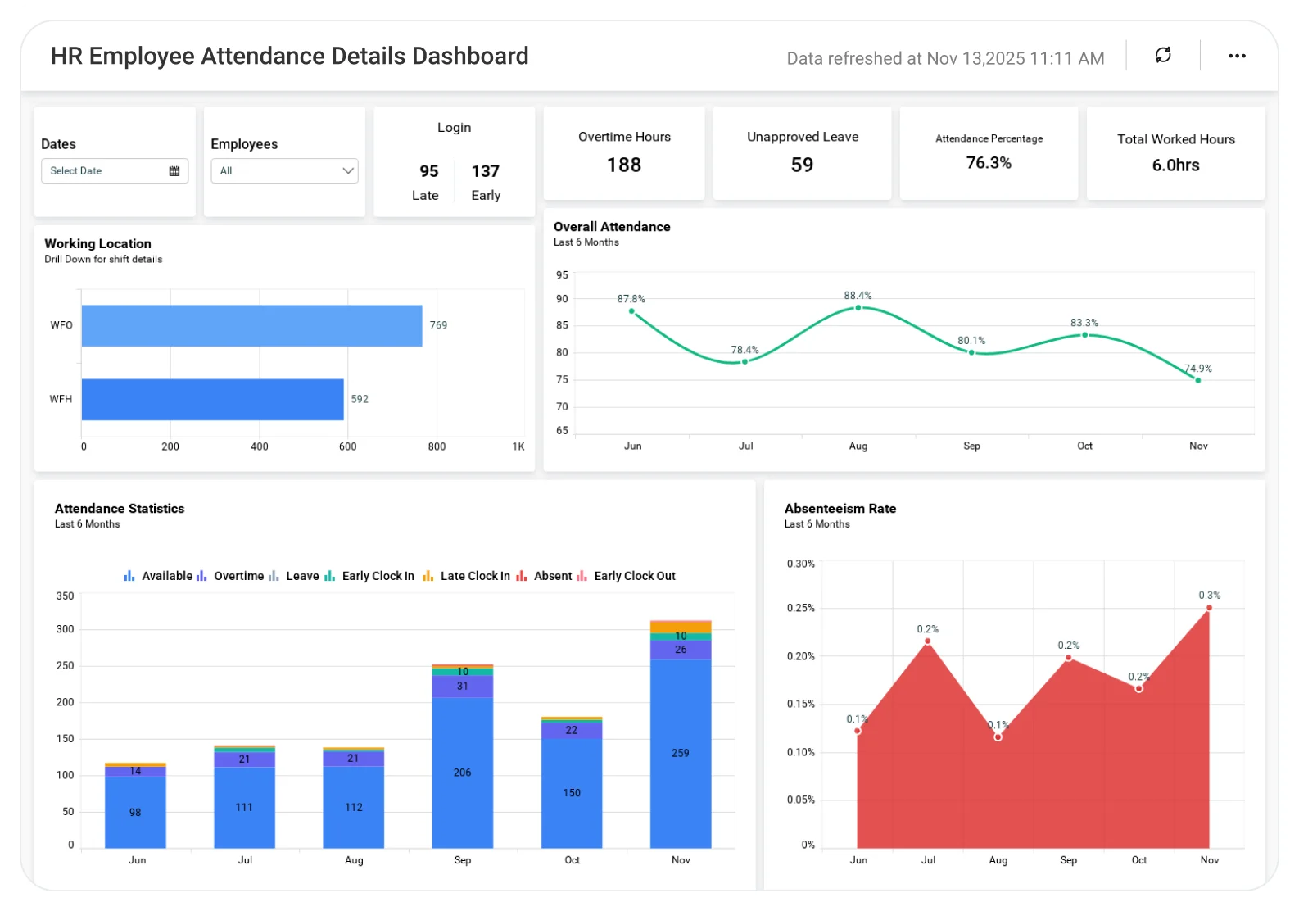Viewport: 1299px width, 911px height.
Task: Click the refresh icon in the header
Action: tap(1163, 55)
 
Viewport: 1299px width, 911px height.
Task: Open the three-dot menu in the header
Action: tap(1237, 56)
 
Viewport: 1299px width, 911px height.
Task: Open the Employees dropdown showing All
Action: tap(284, 170)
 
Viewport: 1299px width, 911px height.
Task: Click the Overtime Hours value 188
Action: tap(624, 165)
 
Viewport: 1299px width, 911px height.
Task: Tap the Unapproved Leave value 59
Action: tap(802, 165)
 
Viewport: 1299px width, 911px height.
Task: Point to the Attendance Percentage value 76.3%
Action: tap(989, 163)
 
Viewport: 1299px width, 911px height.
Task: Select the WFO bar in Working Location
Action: tap(251, 325)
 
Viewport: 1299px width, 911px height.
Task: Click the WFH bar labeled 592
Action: tap(212, 399)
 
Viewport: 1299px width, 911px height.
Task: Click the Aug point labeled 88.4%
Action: tap(858, 308)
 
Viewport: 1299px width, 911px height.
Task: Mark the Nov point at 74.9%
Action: tap(1197, 380)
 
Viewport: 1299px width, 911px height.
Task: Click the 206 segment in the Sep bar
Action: tap(462, 773)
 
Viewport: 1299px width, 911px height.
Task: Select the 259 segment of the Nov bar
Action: tap(681, 753)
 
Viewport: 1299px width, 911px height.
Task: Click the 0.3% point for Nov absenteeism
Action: tap(1209, 608)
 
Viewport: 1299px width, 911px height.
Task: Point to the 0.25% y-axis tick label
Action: tap(800, 608)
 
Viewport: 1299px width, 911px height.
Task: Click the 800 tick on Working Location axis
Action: tap(437, 446)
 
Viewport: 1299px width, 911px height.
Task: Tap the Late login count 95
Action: tap(429, 171)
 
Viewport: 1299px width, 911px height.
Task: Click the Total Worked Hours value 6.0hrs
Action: tap(1175, 165)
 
